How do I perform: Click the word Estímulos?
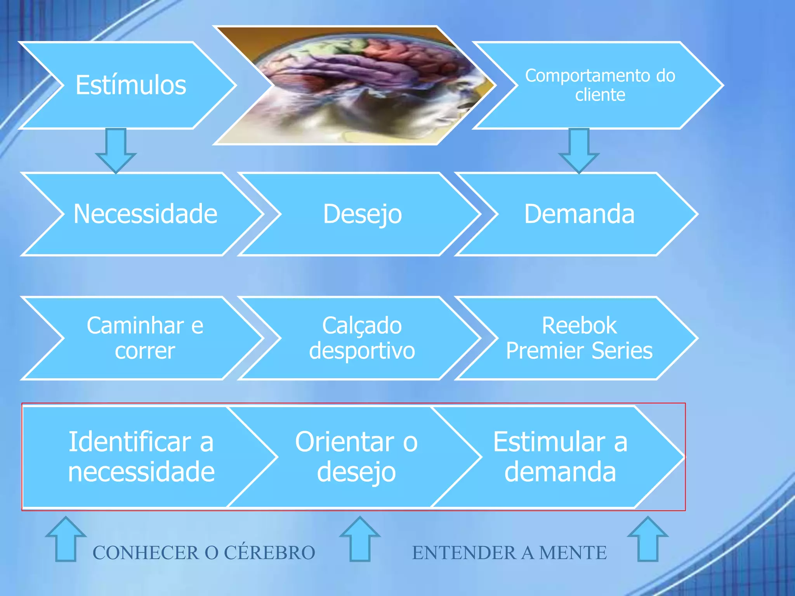click(x=131, y=85)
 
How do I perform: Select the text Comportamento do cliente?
click(x=600, y=85)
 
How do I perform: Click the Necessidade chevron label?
click(x=145, y=214)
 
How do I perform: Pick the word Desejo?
click(x=362, y=214)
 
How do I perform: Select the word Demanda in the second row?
click(x=579, y=214)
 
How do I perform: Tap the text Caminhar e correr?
click(x=145, y=338)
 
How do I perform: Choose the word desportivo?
click(x=362, y=351)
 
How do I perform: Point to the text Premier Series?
click(x=579, y=351)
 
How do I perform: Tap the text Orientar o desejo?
click(x=356, y=457)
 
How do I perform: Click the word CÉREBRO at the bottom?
click(x=269, y=553)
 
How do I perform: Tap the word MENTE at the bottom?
click(x=573, y=553)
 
